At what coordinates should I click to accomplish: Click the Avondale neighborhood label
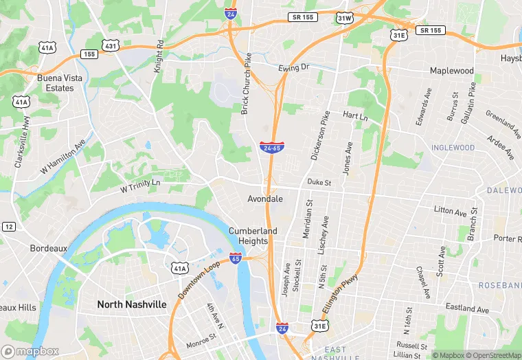265,199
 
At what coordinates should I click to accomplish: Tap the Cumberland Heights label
253,236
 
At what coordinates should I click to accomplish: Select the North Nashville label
132,304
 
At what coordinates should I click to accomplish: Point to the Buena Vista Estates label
55,83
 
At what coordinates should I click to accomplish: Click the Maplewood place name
451,71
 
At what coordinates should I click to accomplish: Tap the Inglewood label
453,148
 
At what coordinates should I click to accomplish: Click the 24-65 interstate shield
271,147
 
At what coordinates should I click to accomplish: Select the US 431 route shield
110,45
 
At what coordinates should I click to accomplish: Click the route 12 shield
8,227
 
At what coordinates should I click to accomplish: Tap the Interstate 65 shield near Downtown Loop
236,258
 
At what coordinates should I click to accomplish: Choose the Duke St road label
319,183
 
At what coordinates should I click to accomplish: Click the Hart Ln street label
355,117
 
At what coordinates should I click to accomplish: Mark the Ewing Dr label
294,67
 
